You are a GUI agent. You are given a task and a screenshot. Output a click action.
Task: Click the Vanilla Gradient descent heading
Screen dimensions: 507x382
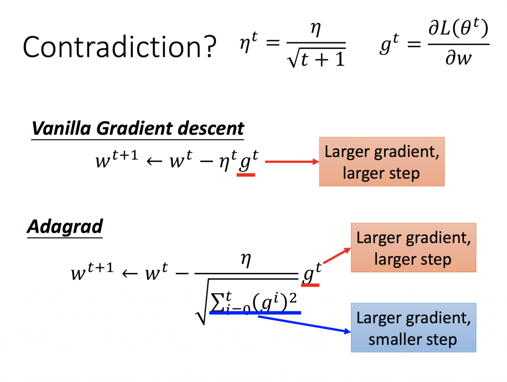tap(138, 129)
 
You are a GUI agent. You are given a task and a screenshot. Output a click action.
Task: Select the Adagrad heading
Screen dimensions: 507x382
tap(64, 227)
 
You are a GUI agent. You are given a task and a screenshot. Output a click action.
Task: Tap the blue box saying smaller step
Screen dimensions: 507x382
tap(413, 328)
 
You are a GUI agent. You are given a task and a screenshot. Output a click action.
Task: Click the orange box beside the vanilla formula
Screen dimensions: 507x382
tap(381, 162)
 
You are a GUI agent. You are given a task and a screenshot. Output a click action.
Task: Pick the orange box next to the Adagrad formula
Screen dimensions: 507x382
tap(413, 248)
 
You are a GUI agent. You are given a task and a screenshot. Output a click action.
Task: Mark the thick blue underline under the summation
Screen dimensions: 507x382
tap(255, 313)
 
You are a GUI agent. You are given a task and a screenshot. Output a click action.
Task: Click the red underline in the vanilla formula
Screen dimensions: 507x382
tap(246, 174)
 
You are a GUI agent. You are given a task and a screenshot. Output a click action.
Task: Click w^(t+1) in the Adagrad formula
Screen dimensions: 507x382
tap(93, 271)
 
